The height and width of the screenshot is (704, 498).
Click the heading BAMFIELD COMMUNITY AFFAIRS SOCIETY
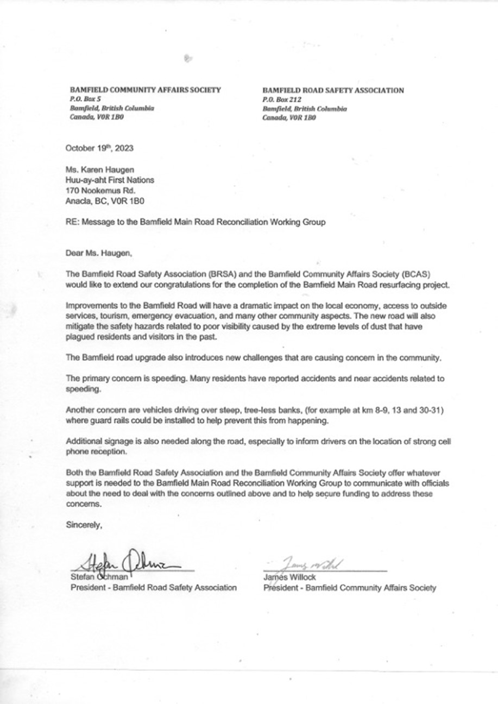tap(145, 90)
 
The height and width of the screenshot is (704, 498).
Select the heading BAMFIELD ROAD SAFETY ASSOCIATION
tap(333, 90)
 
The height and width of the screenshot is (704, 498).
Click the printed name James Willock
tap(289, 577)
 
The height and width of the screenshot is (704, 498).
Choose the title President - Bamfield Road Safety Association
tap(154, 587)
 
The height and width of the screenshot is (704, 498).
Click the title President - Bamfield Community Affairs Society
tap(350, 587)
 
